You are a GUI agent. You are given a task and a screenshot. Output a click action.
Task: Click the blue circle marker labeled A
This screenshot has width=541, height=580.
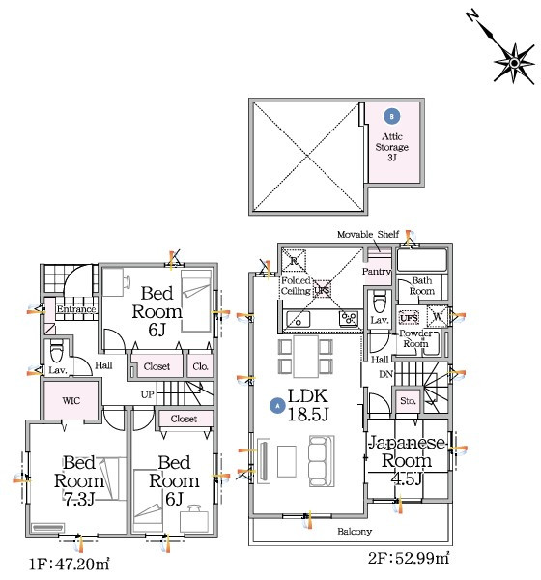277,406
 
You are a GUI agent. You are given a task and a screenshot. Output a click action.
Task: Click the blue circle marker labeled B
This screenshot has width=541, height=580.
392,117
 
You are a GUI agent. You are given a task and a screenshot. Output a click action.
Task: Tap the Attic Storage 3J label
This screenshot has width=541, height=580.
392,147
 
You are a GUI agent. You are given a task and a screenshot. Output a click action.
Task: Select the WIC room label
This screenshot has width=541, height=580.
71,400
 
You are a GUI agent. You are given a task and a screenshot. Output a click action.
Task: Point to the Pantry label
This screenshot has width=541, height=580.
377,271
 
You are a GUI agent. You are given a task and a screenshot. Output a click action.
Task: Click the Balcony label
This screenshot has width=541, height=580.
355,531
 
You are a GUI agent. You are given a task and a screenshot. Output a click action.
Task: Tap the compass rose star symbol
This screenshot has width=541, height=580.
514,63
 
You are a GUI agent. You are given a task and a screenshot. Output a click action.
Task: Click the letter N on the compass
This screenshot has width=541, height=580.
471,16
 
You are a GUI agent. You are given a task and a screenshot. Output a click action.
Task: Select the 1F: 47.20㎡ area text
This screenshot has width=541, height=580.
70,565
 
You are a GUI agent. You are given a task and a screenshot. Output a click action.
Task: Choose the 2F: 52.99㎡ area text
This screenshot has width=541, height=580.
409,558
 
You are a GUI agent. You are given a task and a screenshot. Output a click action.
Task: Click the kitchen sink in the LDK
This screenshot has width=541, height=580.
299,319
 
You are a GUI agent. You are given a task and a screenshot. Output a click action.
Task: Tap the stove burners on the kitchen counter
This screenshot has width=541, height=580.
349,318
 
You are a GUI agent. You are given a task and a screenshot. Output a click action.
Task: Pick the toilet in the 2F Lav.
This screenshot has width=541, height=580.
380,303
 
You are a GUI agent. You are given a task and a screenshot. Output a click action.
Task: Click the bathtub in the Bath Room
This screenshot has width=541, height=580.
422,260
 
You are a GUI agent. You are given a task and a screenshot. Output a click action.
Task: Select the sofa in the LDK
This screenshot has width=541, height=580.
322,460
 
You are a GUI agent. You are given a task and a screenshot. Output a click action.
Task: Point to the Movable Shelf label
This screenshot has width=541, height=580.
368,234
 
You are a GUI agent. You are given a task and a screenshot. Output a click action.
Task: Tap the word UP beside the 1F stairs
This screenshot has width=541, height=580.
147,394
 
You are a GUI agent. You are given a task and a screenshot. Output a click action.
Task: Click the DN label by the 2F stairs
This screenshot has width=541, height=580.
385,374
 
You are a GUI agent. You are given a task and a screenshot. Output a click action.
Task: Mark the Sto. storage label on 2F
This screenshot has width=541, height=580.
408,400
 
